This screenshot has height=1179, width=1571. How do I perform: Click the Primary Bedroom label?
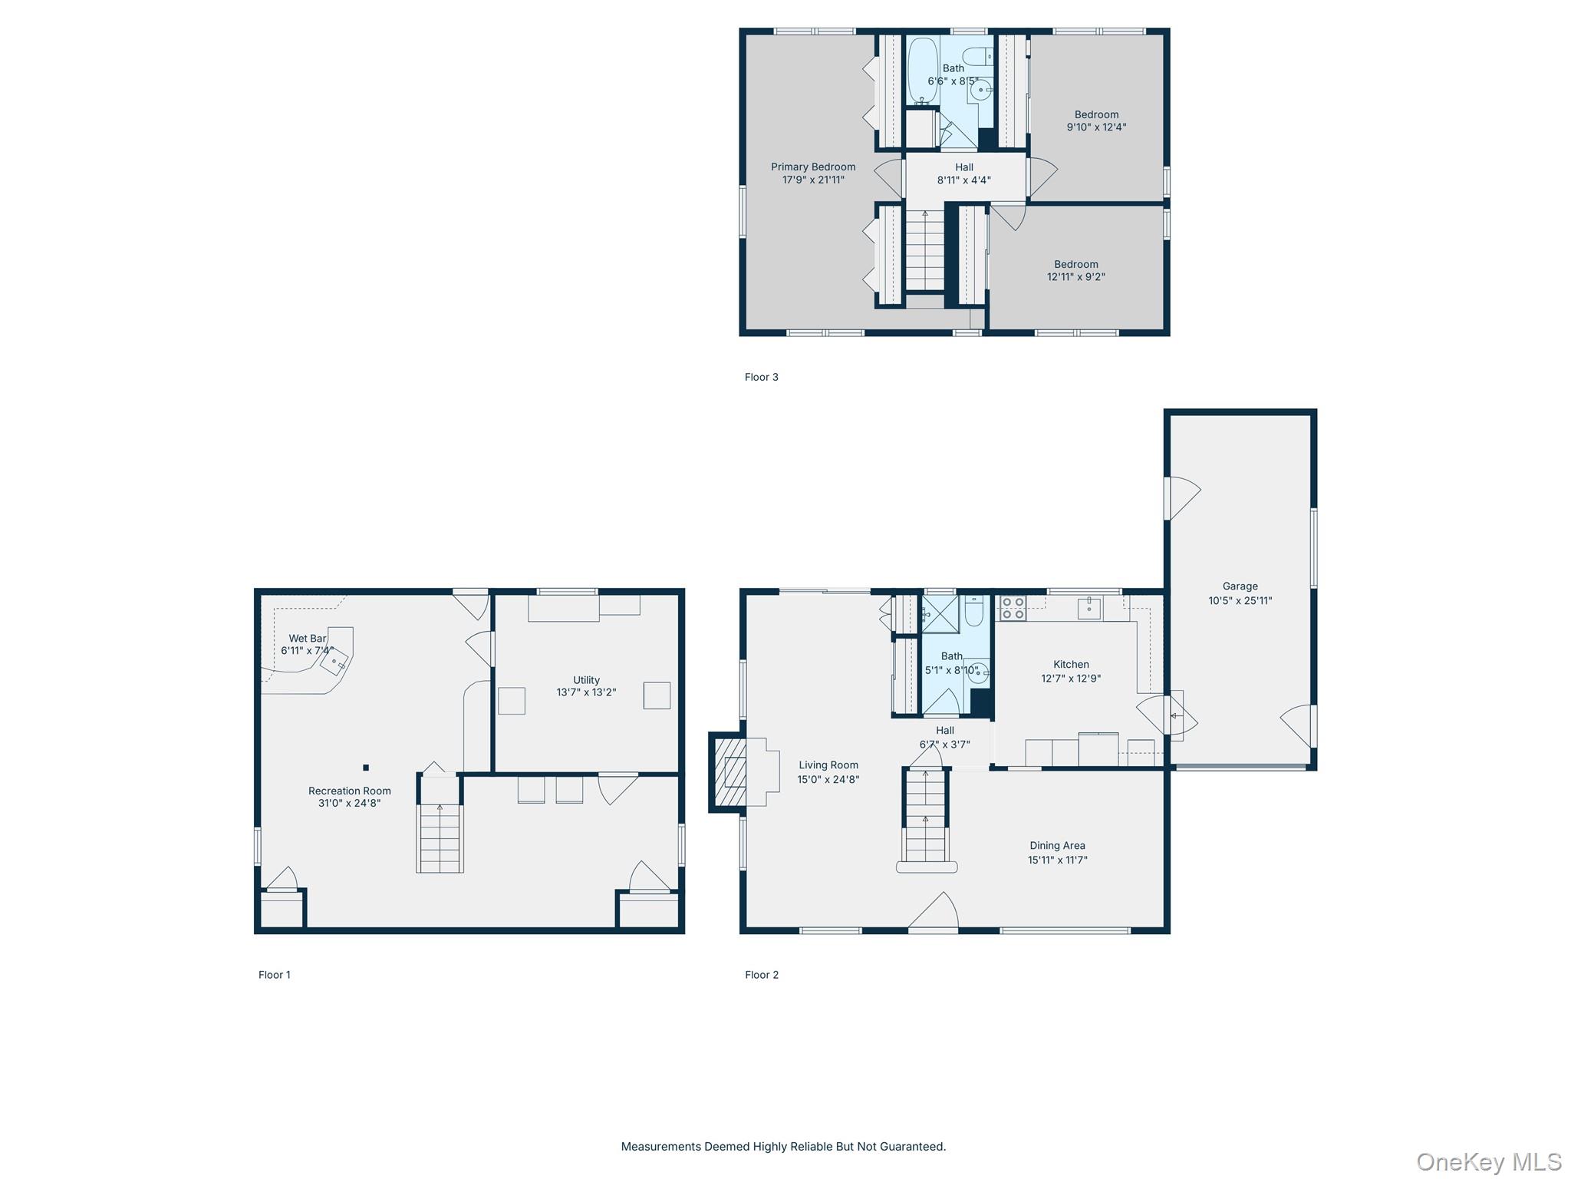tap(813, 167)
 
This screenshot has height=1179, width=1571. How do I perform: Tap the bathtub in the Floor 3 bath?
tap(922, 71)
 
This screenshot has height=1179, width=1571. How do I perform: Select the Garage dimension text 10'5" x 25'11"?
tap(1240, 600)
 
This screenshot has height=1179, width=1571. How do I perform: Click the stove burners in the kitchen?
tap(1013, 608)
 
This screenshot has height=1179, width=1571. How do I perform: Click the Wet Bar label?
tap(308, 638)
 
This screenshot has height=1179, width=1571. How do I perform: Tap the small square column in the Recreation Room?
tap(366, 768)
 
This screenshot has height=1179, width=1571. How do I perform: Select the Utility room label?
tap(586, 679)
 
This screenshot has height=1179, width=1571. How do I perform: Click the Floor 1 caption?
tap(274, 975)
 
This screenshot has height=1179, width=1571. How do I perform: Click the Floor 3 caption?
tap(761, 377)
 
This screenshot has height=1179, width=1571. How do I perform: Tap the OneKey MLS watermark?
tap(1488, 1162)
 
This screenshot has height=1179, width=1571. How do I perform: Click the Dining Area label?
tap(1057, 845)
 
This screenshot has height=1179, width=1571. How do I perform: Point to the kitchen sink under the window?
tap(1089, 609)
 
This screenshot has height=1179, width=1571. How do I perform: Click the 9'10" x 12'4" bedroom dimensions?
tap(1096, 127)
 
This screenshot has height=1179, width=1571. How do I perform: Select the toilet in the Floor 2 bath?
tap(974, 612)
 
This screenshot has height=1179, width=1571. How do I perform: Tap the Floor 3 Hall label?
tap(964, 167)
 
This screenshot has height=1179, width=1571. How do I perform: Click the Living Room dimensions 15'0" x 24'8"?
tap(828, 779)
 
